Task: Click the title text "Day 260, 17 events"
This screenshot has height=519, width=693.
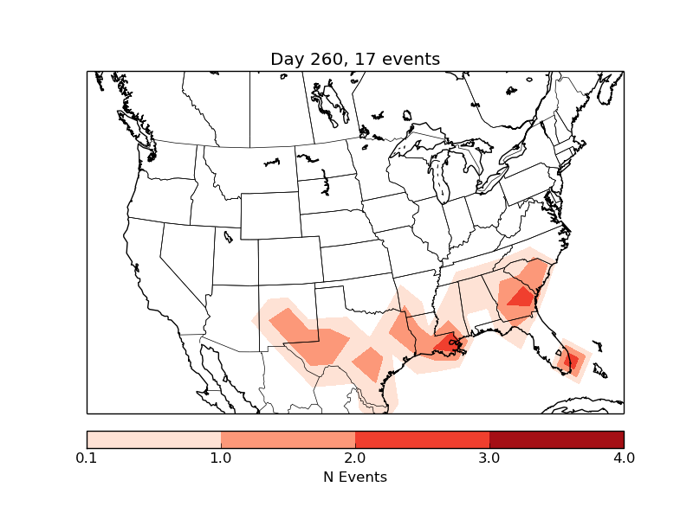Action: point(355,60)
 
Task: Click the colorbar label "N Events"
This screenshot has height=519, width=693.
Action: point(355,477)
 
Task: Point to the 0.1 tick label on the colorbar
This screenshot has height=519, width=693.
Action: point(87,458)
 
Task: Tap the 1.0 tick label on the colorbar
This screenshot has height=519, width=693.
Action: point(221,458)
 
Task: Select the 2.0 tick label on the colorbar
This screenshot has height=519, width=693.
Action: point(355,458)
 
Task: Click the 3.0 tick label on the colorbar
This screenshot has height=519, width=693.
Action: point(489,458)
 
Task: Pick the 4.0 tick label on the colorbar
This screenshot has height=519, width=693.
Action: point(623,458)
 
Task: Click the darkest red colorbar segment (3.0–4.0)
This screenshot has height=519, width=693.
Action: point(556,439)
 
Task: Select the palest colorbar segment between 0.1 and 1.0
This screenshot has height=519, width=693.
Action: point(154,439)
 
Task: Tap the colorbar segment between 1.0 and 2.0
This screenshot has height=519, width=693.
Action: point(288,439)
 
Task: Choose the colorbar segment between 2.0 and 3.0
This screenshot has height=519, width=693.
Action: point(422,439)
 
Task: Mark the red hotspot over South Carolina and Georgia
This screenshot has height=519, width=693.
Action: point(521,297)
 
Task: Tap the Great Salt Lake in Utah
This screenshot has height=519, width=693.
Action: point(228,235)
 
